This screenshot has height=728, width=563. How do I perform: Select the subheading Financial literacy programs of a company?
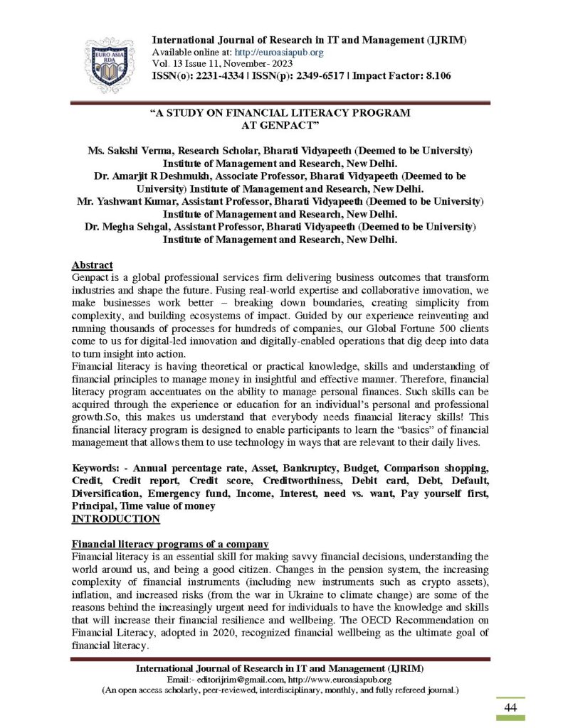170,544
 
